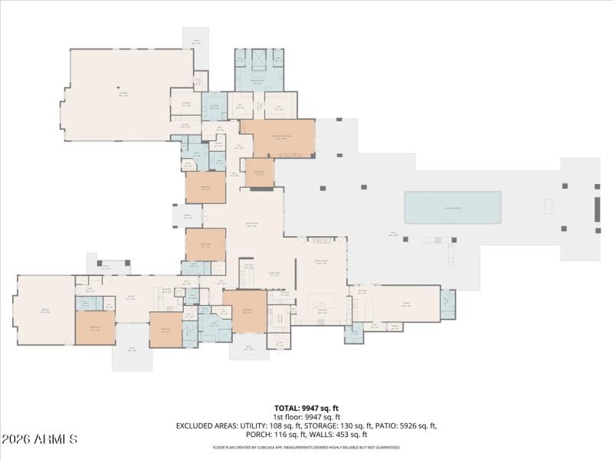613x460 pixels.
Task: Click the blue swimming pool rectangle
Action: (453, 208)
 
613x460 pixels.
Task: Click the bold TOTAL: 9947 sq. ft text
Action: (306, 408)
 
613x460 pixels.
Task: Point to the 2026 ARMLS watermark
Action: (40, 440)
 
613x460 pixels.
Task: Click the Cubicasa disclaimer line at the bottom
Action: (306, 447)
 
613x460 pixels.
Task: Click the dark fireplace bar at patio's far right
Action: (597, 209)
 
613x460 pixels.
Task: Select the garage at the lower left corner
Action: (44, 310)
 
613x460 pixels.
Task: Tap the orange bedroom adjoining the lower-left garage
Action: (95, 328)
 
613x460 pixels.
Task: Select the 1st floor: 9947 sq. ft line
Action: (306, 417)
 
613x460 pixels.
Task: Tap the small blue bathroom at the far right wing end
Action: (447, 304)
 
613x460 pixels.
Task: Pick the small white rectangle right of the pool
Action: (548, 206)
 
